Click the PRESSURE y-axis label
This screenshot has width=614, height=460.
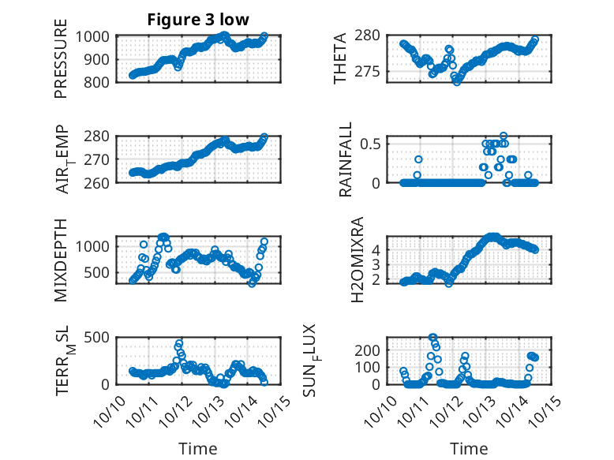point(61,64)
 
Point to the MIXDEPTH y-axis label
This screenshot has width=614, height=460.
point(61,260)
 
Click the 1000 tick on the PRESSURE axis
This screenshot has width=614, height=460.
point(94,36)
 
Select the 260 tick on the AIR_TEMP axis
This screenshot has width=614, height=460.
point(98,182)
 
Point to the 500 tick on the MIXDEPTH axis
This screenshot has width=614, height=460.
point(98,273)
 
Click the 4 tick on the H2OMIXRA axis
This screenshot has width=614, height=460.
point(377,249)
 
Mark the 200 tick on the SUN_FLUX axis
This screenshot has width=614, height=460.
point(371,350)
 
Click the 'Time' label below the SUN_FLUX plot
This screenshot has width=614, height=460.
point(469,449)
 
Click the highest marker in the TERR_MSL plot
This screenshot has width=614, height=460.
point(179,343)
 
